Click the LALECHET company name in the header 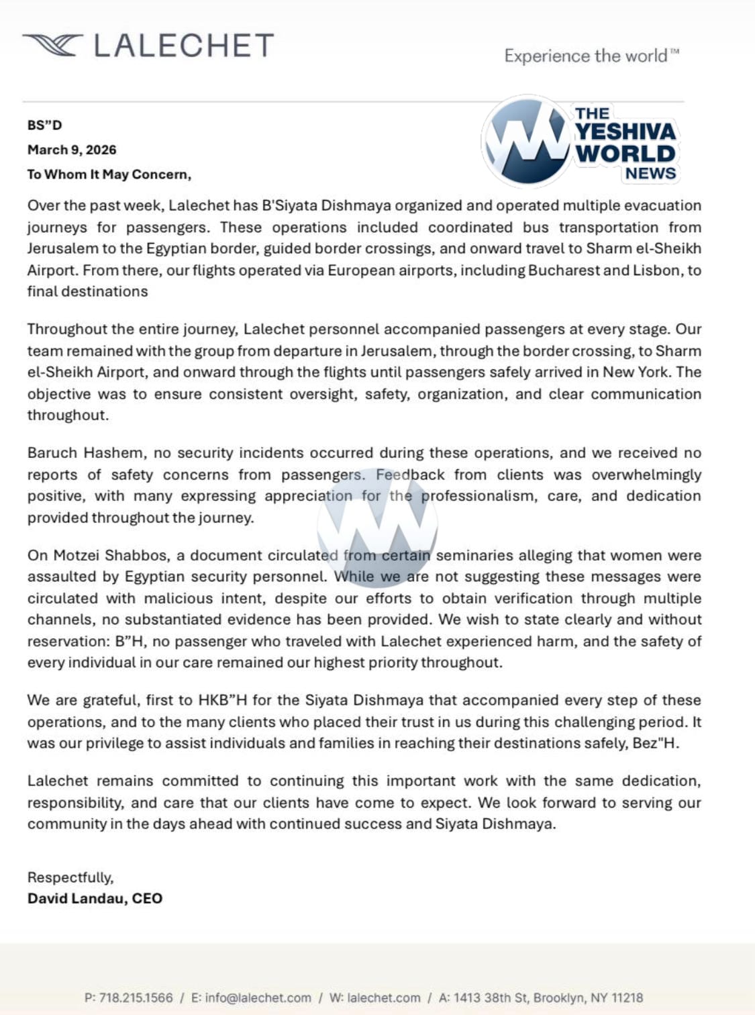tap(183, 46)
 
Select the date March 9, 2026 tap(72, 150)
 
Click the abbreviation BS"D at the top tap(44, 125)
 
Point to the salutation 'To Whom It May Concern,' tap(109, 175)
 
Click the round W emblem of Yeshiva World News tap(527, 141)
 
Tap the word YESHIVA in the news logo tap(625, 132)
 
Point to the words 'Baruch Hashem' tap(85, 452)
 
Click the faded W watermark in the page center tap(377, 524)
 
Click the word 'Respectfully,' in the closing tap(70, 877)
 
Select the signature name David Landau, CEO tap(95, 898)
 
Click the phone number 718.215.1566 tap(136, 998)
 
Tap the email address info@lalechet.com tap(258, 998)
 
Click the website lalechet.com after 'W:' tap(384, 998)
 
